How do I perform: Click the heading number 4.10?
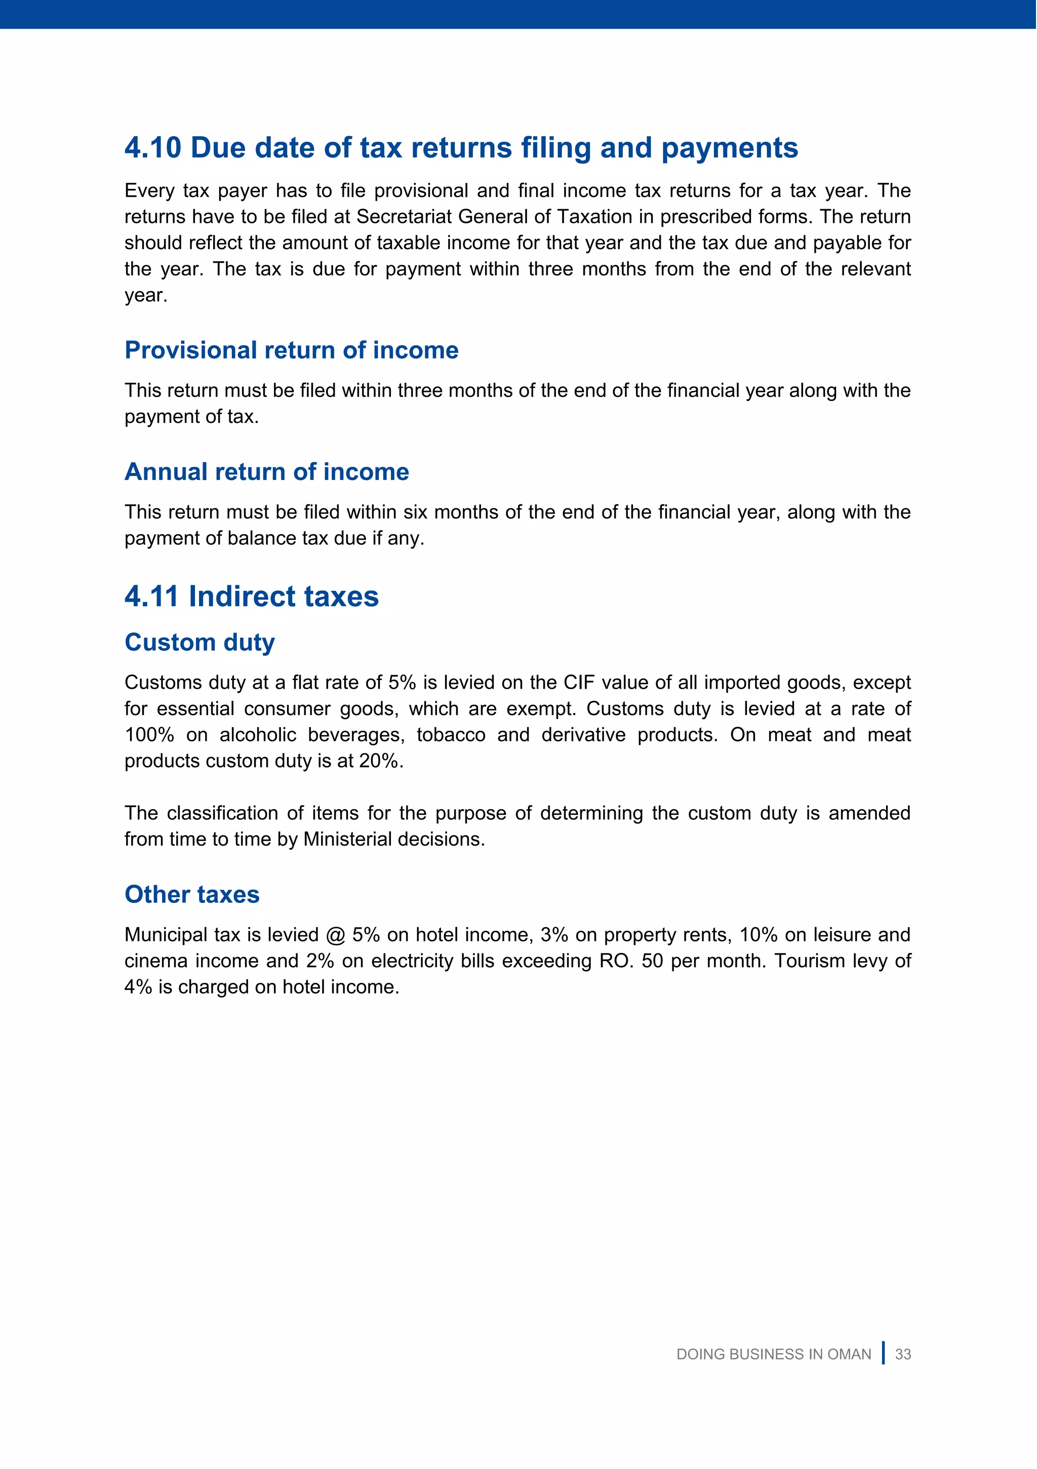click(x=153, y=148)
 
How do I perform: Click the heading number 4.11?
click(x=151, y=597)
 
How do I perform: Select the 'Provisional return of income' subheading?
click(x=291, y=350)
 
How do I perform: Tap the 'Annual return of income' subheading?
click(x=267, y=472)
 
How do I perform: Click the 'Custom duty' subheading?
click(x=200, y=643)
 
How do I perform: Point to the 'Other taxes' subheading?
click(x=192, y=894)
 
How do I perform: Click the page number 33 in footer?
click(x=903, y=1355)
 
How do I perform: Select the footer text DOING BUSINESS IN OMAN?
click(x=773, y=1355)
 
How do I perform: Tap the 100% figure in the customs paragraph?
click(x=149, y=735)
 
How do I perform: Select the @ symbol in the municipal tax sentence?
click(x=335, y=935)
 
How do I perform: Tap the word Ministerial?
click(x=349, y=840)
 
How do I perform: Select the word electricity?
click(x=413, y=961)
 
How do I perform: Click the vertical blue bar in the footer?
click(x=884, y=1353)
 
